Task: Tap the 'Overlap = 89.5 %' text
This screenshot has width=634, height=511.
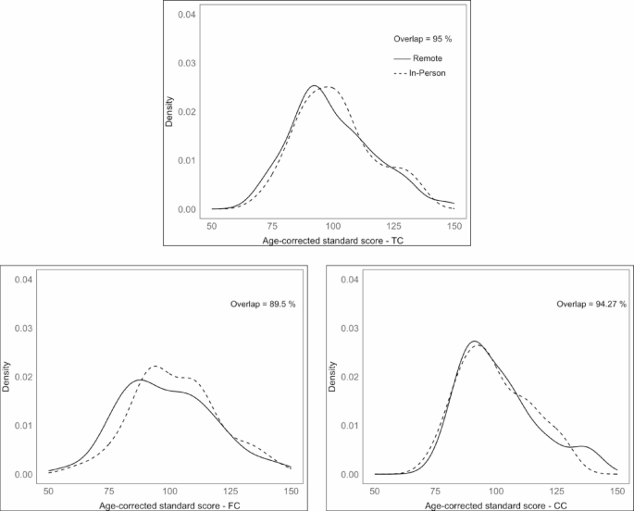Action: pos(263,305)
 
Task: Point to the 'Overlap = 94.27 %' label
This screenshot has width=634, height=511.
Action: pos(591,305)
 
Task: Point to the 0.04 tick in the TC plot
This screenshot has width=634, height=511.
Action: pos(186,15)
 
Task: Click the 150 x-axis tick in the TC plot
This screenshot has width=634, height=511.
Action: pos(454,225)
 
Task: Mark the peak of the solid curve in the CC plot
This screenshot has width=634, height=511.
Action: pos(473,342)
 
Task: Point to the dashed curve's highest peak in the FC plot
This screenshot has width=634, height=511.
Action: pos(155,366)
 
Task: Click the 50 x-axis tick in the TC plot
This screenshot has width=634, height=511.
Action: pos(212,225)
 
